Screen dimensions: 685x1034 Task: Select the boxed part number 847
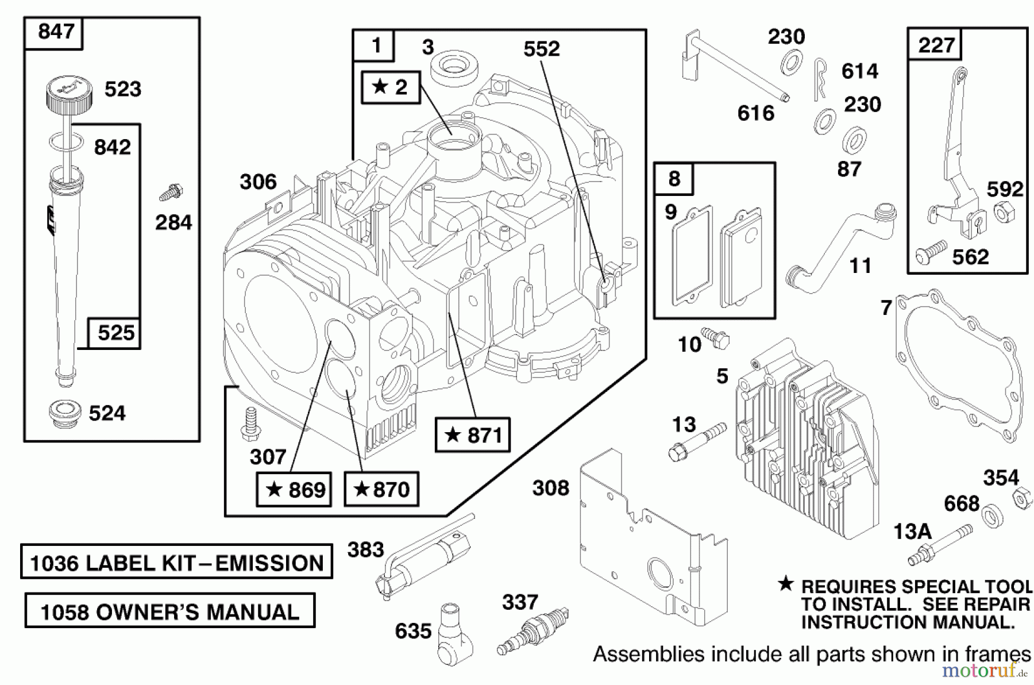tap(55, 32)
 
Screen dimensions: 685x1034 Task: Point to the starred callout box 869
tap(294, 490)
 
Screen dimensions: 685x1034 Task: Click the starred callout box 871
tap(472, 435)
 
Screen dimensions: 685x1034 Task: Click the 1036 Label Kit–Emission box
tap(176, 562)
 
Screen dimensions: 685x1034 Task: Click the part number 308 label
tap(550, 488)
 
